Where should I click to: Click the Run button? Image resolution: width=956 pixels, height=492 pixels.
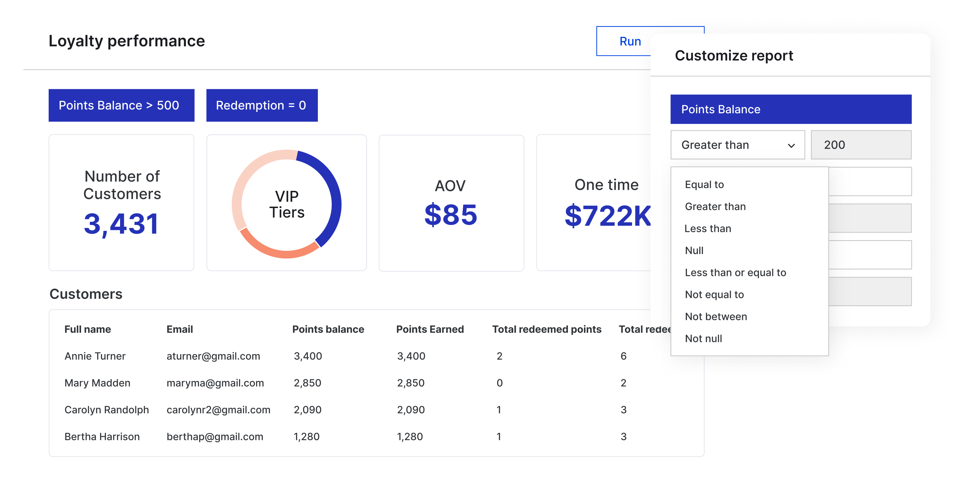point(630,41)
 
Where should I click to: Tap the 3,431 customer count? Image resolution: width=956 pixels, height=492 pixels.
point(121,224)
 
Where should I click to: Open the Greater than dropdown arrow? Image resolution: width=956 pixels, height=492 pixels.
point(791,145)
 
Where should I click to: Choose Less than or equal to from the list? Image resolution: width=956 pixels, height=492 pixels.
point(735,273)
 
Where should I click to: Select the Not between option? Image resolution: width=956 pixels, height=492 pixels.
point(716,317)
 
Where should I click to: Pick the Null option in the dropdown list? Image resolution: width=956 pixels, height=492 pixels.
point(694,251)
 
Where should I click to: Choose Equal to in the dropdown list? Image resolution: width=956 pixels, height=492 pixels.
point(704,185)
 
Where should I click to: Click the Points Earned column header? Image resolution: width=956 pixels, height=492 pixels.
point(430,329)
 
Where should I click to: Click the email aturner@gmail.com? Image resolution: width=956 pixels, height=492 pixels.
point(213,356)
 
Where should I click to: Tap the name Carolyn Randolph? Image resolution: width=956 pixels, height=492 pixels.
point(106,410)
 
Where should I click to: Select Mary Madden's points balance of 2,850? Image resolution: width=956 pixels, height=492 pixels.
point(307,383)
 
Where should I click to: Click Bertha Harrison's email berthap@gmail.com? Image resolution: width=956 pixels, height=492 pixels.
point(214,437)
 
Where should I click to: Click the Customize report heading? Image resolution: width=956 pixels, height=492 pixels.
point(734,56)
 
